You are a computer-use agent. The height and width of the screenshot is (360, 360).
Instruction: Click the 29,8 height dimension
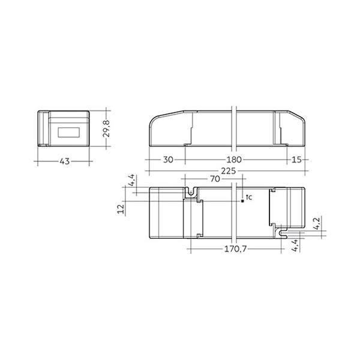(x=106, y=128)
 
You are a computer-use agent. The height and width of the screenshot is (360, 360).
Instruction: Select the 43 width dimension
(x=65, y=161)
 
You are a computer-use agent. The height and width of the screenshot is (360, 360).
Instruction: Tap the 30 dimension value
(x=168, y=160)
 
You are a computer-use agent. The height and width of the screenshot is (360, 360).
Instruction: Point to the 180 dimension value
(x=234, y=160)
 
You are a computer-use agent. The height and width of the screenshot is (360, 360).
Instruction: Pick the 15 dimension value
(x=296, y=160)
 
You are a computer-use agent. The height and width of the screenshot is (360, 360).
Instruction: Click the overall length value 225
(x=228, y=171)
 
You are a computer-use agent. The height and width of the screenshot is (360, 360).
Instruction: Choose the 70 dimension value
(x=215, y=179)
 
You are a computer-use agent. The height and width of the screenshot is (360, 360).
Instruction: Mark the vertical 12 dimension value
(x=121, y=209)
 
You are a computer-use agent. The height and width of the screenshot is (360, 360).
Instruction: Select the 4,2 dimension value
(x=317, y=224)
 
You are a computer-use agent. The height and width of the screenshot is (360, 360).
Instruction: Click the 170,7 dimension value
(x=235, y=249)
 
